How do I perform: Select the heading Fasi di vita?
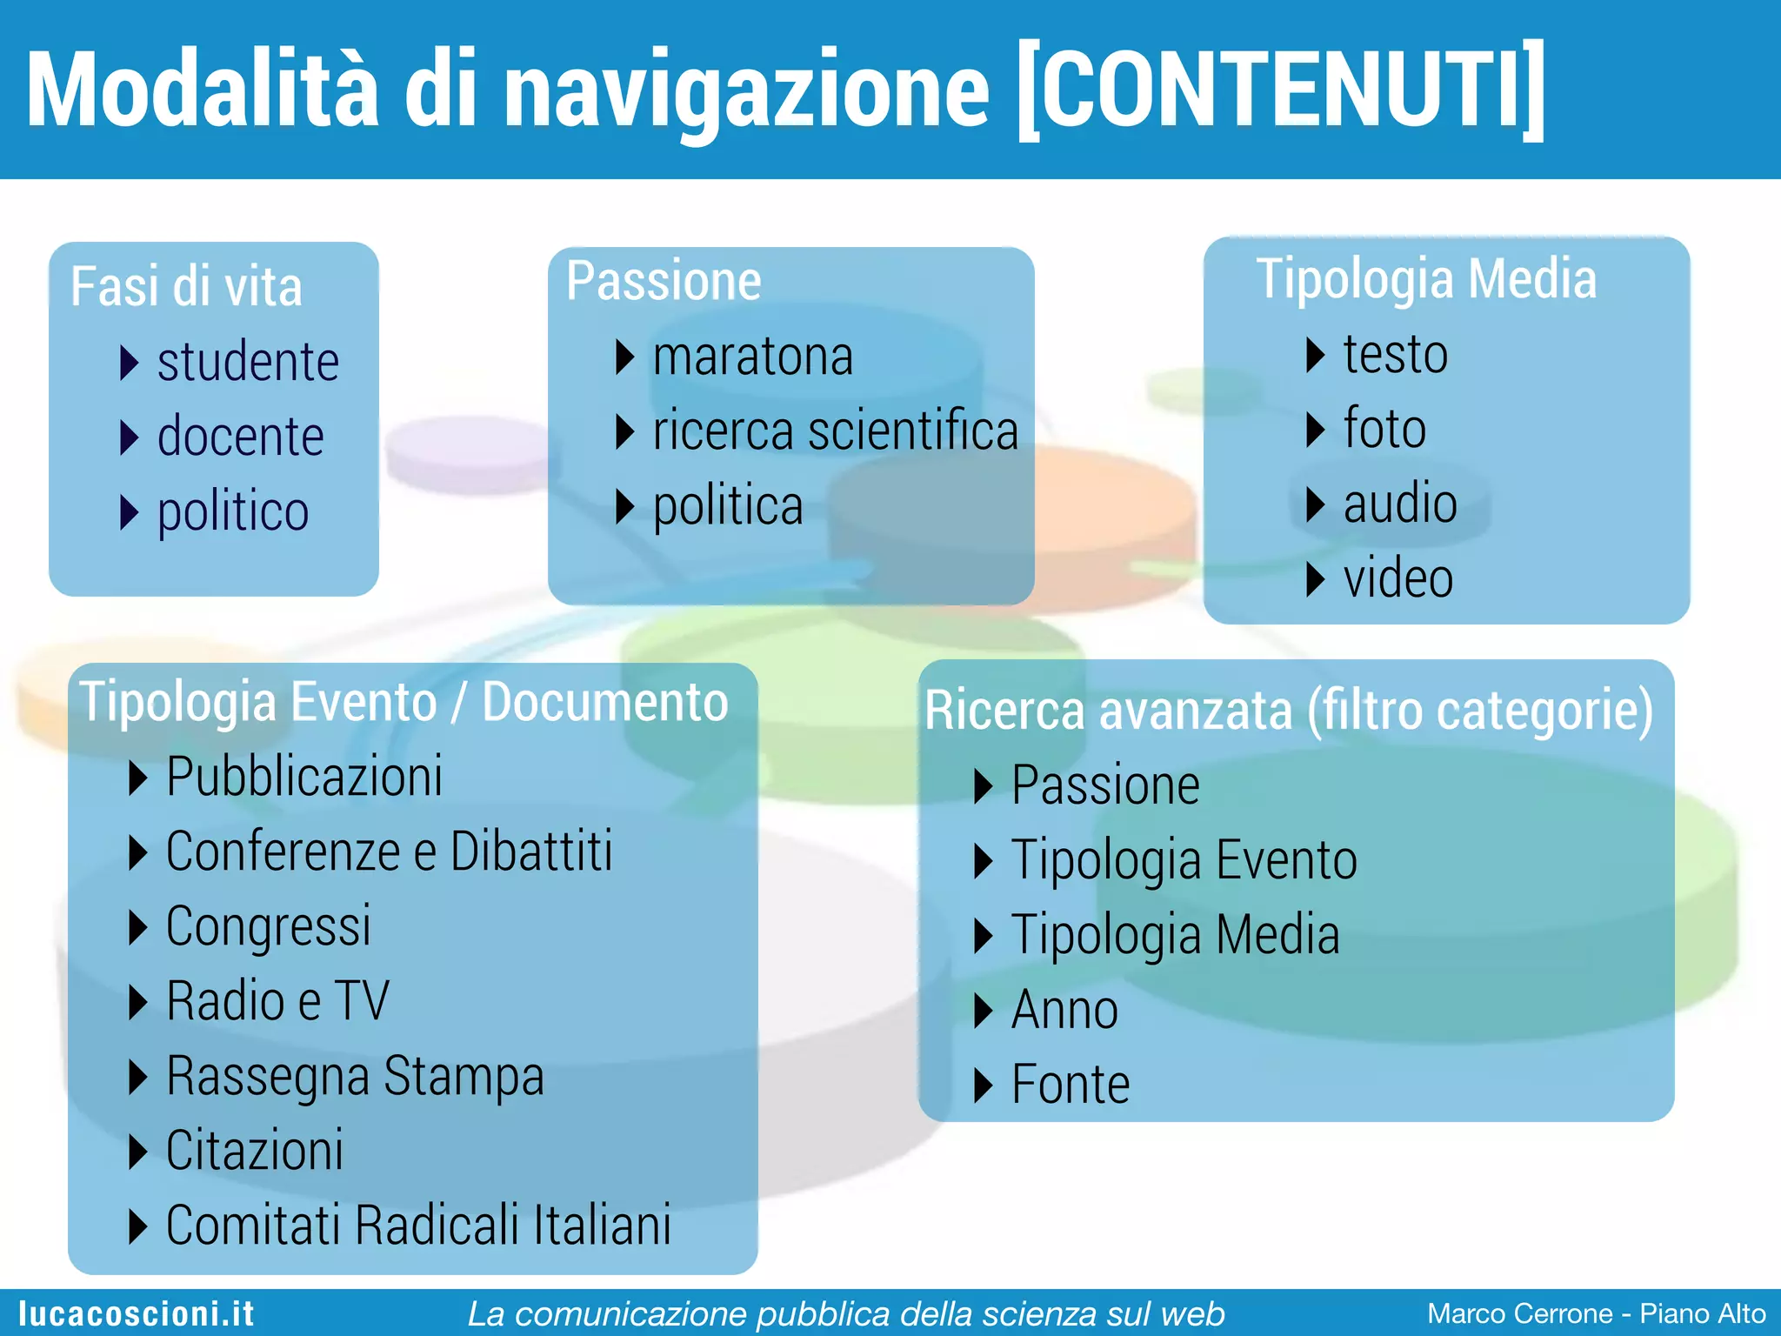pyautogui.click(x=186, y=287)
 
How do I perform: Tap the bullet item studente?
pyautogui.click(x=248, y=362)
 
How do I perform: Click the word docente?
pyautogui.click(x=240, y=437)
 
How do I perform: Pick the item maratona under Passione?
pyautogui.click(x=753, y=357)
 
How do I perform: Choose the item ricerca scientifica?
pyautogui.click(x=835, y=431)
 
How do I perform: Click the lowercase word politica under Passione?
pyautogui.click(x=728, y=506)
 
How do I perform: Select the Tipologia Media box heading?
pyautogui.click(x=1426, y=279)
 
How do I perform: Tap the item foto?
pyautogui.click(x=1384, y=428)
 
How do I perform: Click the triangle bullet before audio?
pyautogui.click(x=1315, y=504)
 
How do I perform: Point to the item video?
pyautogui.click(x=1397, y=578)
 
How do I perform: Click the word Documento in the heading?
pyautogui.click(x=605, y=702)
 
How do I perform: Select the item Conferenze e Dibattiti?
pyautogui.click(x=389, y=852)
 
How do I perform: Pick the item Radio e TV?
pyautogui.click(x=277, y=1001)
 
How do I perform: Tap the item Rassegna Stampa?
pyautogui.click(x=355, y=1077)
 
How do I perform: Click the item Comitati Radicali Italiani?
pyautogui.click(x=418, y=1226)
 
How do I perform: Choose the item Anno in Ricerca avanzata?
pyautogui.click(x=1064, y=1010)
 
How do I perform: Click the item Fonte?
pyautogui.click(x=1071, y=1085)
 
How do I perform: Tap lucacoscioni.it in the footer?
pyautogui.click(x=137, y=1313)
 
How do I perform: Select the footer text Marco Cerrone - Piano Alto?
pyautogui.click(x=1596, y=1313)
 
